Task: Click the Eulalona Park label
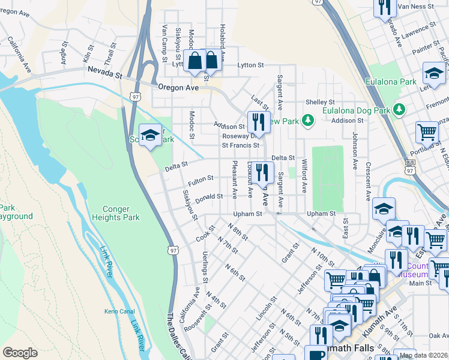point(391,82)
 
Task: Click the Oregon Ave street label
point(178,87)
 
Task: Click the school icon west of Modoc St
point(150,134)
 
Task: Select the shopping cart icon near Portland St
point(427,131)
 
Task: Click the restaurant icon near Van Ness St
point(384,7)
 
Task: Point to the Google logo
point(20,353)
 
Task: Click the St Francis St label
point(241,145)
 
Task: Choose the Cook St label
point(205,234)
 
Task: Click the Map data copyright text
point(423,355)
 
